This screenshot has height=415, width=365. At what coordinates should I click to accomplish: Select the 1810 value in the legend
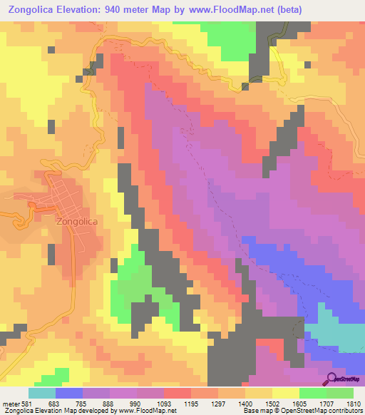click(x=353, y=404)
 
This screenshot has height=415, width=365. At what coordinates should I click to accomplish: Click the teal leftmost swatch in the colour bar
click(x=42, y=393)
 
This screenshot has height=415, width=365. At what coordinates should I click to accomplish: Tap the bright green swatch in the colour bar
click(x=313, y=393)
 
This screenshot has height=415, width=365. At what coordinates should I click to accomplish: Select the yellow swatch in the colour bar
click(x=286, y=393)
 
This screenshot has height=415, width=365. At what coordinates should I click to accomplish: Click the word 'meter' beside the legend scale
click(x=10, y=404)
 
